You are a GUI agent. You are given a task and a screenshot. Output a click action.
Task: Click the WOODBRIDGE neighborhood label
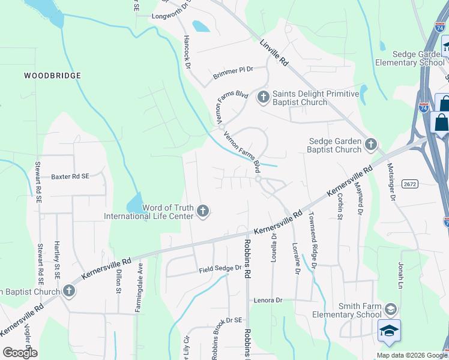tap(52, 76)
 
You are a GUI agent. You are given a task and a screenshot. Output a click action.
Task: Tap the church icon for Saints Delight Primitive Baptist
tap(262, 97)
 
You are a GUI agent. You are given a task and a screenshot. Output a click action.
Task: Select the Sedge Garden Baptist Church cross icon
tap(371, 144)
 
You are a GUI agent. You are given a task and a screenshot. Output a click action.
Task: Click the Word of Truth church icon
tap(203, 211)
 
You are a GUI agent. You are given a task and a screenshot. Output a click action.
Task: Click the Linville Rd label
tap(275, 53)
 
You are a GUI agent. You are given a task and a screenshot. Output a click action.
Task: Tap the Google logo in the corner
tap(20, 353)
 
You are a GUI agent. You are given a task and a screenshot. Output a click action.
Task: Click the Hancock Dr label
tap(186, 50)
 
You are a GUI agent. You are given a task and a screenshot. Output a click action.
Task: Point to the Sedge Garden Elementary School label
tap(410, 58)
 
